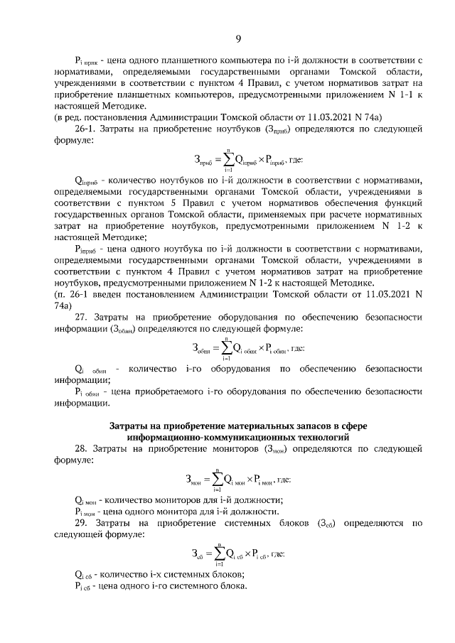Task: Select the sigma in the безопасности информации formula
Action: point(227,348)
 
